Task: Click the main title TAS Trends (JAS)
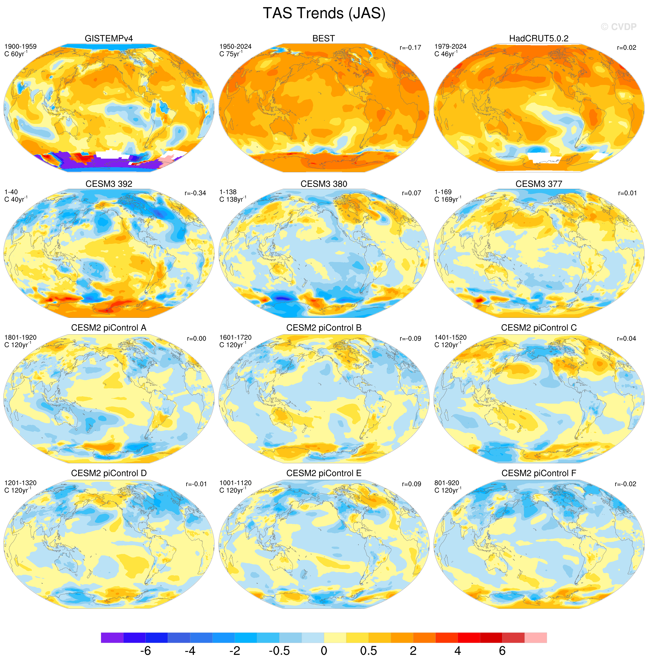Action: coord(324,14)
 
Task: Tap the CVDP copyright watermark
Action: coord(619,27)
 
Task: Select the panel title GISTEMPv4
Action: coord(109,38)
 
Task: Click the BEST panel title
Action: coord(324,38)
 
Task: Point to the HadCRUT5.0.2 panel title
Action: coord(539,38)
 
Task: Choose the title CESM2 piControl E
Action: coord(324,473)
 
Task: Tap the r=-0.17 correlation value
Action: coord(410,48)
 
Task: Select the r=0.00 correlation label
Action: coord(196,339)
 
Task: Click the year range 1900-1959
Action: coord(21,47)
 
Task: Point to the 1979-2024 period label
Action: coord(451,47)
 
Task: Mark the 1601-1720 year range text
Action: coord(236,337)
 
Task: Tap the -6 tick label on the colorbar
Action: coord(145,651)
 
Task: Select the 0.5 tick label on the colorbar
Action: coord(368,651)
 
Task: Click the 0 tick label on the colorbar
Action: coord(324,651)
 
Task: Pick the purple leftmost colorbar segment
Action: coord(112,638)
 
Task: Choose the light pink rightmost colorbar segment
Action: coord(536,638)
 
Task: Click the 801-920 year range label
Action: coord(447,483)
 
